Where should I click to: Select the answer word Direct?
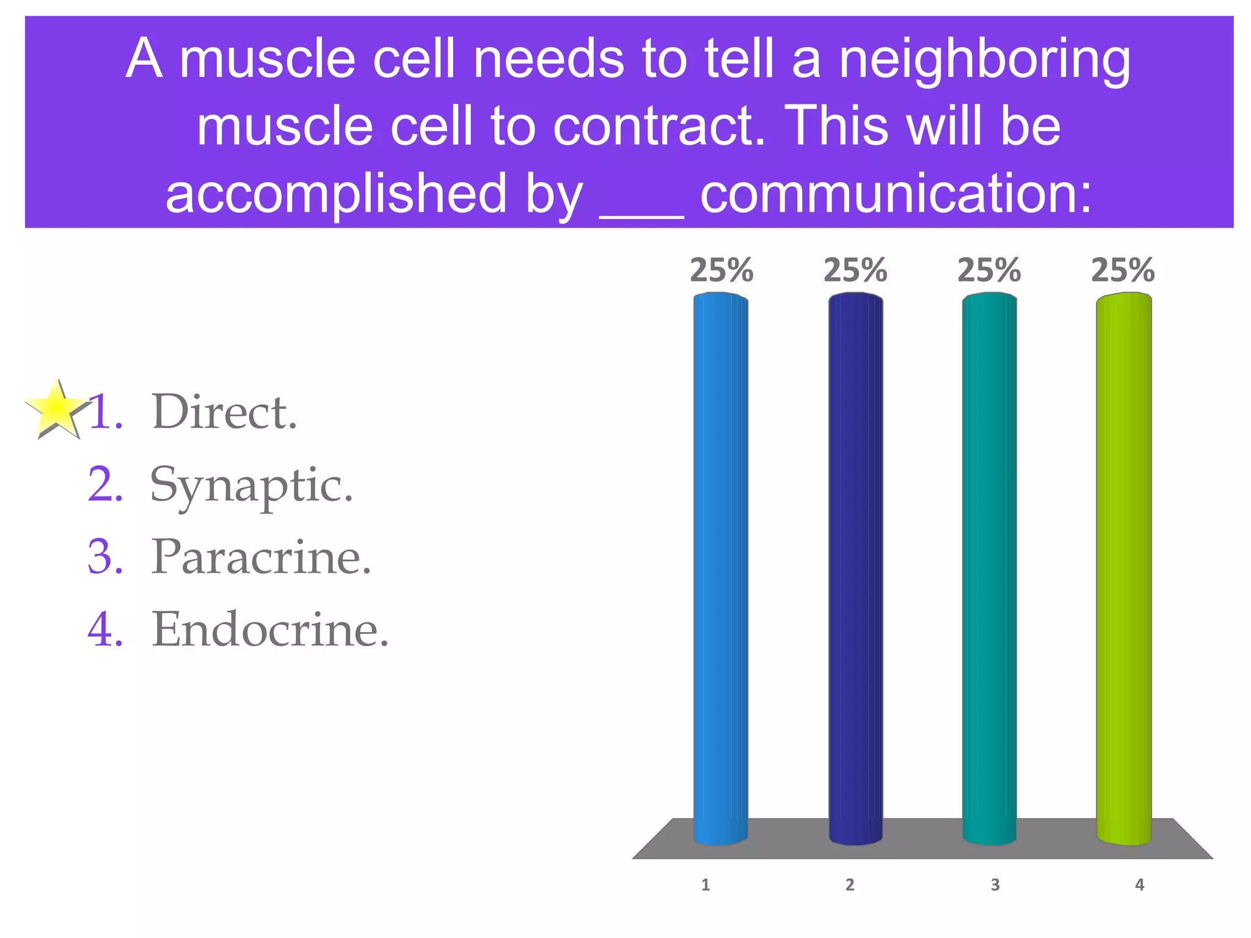pos(224,412)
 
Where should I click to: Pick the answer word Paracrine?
pos(261,557)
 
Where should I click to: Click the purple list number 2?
pos(105,485)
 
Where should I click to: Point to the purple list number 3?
pos(105,557)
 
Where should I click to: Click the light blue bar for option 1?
pos(721,568)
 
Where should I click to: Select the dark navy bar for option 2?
pos(855,568)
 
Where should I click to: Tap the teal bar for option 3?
pos(990,568)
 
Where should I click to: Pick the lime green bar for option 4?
pos(1124,568)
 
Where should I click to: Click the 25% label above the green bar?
pos(1123,271)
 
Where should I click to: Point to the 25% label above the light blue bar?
pos(721,271)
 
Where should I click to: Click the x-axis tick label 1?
pos(706,885)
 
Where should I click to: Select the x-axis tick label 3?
pos(995,885)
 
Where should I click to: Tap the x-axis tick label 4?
pos(1139,885)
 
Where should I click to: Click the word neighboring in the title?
pos(985,61)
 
